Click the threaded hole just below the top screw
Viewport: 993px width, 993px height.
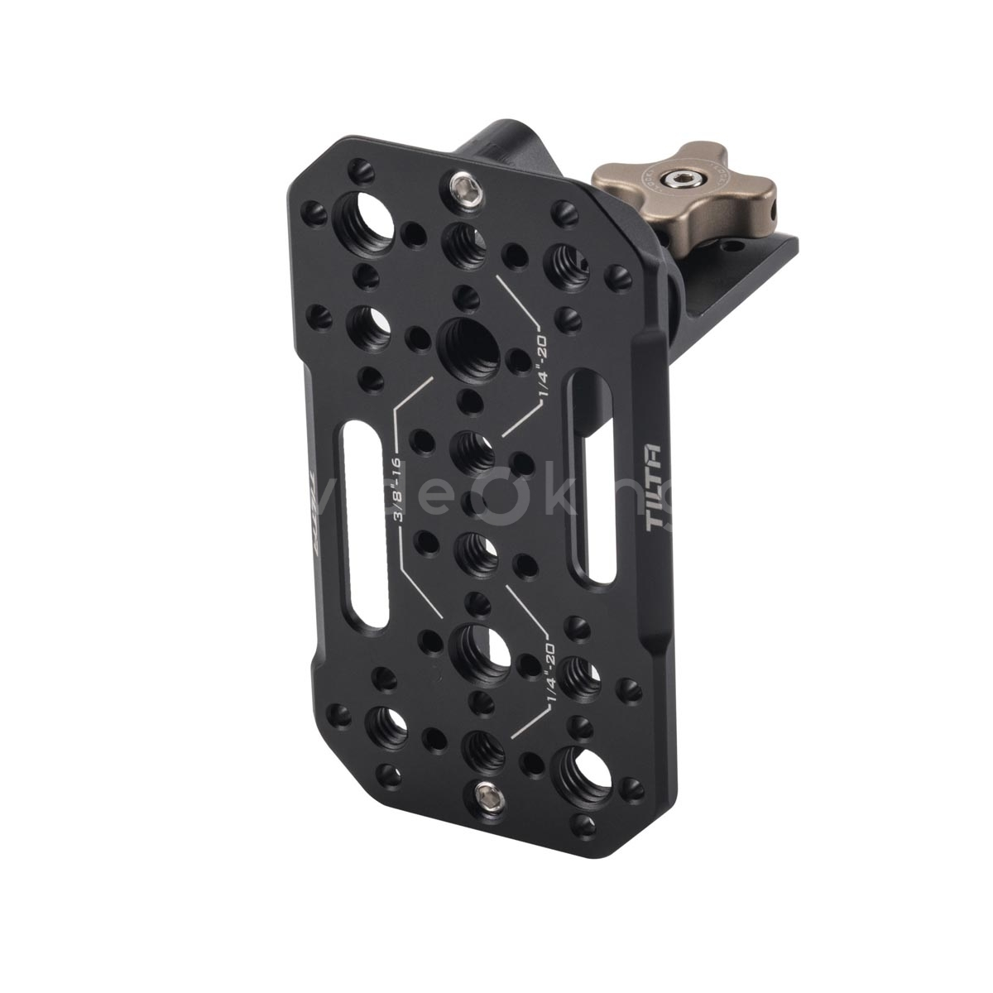[x=462, y=242]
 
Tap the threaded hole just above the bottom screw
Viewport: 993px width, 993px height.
[x=482, y=747]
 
